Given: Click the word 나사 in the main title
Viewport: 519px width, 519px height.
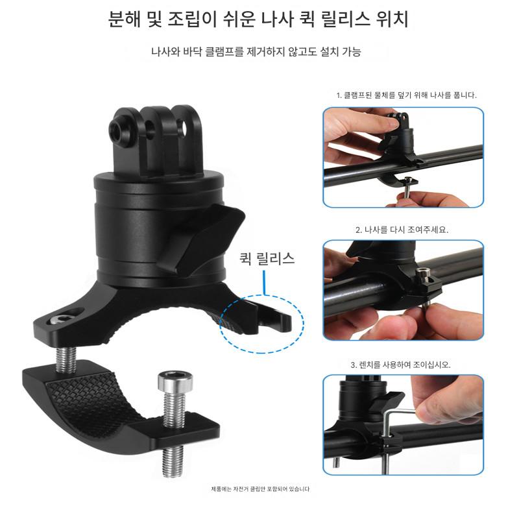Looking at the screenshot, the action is (277, 19).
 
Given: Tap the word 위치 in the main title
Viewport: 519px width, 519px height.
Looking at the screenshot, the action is (392, 19).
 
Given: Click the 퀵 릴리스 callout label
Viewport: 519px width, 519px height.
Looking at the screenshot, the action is (267, 258).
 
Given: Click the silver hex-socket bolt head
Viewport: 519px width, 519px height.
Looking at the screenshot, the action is (175, 380).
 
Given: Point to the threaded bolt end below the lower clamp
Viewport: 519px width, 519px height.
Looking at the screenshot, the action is (173, 461).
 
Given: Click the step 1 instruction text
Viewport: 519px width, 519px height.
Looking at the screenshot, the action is (407, 95).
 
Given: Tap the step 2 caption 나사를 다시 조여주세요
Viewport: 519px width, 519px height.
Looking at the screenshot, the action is (402, 230).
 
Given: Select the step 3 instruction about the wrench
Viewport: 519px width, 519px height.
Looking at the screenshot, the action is (400, 365).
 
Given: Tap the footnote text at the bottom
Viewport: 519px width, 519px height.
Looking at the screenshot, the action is (260, 489).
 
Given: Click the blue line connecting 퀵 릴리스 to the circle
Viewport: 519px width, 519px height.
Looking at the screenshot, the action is (265, 283).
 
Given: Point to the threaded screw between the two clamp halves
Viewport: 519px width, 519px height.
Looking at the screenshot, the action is (66, 360).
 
